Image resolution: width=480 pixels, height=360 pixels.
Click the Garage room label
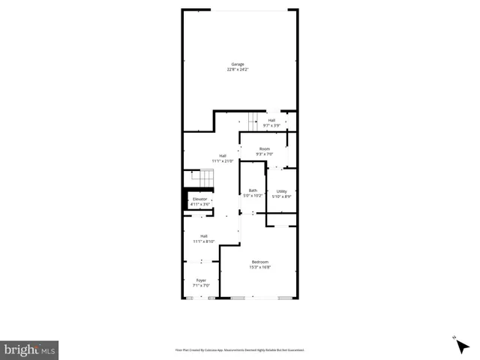pos(238,64)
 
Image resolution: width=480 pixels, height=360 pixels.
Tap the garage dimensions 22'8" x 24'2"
pos(238,70)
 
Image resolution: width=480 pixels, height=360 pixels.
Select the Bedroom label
pos(259,262)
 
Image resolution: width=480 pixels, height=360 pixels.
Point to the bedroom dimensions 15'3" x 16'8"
pos(259,267)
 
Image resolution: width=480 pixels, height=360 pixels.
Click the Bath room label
pos(253,191)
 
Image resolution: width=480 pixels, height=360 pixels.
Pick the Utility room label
pos(282,191)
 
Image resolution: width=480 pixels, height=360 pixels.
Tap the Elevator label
pos(199,199)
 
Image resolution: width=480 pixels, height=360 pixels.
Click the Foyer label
pos(201,280)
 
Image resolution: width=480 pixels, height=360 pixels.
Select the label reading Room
pos(264,149)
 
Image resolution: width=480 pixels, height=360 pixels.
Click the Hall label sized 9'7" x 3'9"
pos(271,120)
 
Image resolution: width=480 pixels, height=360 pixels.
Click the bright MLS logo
pos(30,349)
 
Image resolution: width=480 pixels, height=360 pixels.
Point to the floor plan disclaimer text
pos(240,349)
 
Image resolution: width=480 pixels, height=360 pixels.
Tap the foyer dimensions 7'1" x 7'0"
pos(201,286)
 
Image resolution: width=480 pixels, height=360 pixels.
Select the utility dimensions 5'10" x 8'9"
pos(282,196)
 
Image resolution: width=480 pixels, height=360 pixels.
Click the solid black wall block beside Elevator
pos(186,199)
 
